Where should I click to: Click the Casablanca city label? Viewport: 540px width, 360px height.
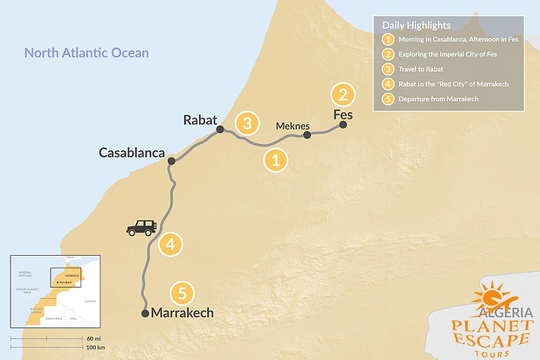click(x=132, y=152)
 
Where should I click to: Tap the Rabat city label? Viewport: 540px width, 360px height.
click(x=200, y=120)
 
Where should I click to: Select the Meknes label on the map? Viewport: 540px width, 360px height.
click(x=293, y=126)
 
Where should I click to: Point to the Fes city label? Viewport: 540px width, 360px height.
click(x=343, y=114)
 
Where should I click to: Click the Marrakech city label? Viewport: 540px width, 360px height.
click(x=182, y=313)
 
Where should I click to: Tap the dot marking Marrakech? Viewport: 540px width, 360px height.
click(x=145, y=314)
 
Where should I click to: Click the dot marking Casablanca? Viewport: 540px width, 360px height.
click(x=171, y=161)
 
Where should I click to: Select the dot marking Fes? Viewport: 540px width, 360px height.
click(x=343, y=125)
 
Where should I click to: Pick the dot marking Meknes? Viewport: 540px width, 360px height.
click(x=307, y=135)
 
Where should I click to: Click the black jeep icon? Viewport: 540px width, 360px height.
click(x=142, y=227)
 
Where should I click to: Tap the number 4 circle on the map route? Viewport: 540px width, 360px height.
click(x=170, y=245)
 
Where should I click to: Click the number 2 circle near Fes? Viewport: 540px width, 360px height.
click(x=343, y=95)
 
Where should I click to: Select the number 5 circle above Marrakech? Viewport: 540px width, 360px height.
click(x=182, y=293)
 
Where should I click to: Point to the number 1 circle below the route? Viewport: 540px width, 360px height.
click(x=275, y=159)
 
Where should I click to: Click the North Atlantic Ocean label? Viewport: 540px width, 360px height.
click(x=86, y=53)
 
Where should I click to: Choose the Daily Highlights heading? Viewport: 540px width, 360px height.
click(x=416, y=25)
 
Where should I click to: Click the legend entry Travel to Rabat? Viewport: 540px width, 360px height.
click(x=421, y=69)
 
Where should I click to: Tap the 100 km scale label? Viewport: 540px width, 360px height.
click(x=95, y=347)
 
